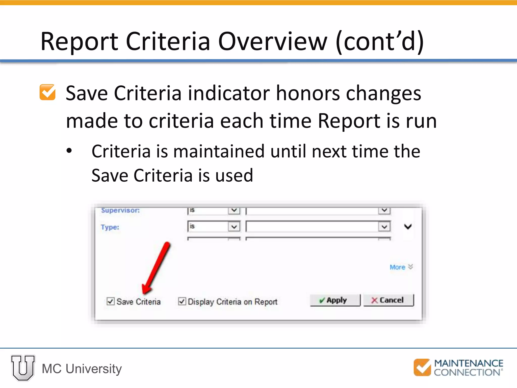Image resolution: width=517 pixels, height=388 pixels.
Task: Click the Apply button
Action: click(335, 300)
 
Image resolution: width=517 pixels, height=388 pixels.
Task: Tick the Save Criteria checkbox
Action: click(110, 301)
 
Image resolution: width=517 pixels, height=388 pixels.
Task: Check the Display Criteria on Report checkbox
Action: click(182, 301)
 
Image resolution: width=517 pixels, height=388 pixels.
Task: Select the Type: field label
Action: click(110, 227)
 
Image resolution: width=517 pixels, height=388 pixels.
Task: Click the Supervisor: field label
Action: click(120, 210)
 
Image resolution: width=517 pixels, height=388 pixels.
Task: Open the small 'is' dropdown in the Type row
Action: click(234, 227)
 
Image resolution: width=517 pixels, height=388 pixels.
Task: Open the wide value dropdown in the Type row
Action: click(384, 227)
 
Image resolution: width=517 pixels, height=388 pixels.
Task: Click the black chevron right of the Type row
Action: click(408, 227)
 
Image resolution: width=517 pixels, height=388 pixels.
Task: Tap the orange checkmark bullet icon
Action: click(47, 92)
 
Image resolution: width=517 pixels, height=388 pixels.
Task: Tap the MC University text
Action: click(82, 369)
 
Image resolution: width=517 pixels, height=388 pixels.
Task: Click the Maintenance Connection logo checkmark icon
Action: click(422, 367)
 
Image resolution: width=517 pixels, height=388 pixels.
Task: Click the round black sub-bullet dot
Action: click(69, 151)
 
